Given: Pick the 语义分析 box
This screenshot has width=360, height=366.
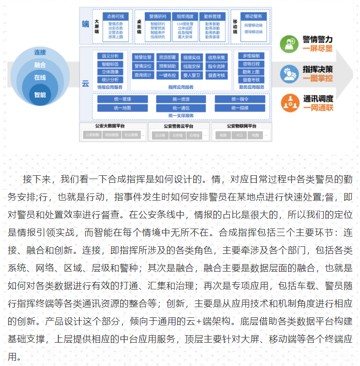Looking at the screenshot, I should [110, 56].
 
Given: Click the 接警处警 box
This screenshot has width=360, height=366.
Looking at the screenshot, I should [142, 57].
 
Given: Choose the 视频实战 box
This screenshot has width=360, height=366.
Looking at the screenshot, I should [191, 57].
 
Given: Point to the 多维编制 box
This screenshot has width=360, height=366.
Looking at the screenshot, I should [251, 56].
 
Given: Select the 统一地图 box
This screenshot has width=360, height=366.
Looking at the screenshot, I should [122, 108].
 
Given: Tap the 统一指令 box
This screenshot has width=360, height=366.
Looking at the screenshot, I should [240, 99].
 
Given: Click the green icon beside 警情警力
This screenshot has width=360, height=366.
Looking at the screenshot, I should [289, 44].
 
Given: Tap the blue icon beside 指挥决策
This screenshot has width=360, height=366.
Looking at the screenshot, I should [289, 74].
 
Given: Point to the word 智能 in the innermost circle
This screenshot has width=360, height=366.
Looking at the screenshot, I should [40, 95].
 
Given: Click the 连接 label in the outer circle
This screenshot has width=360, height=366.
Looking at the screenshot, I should [40, 52].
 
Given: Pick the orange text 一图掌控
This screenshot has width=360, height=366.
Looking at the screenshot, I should [318, 78].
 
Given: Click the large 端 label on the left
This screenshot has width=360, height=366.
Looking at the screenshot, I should [85, 24].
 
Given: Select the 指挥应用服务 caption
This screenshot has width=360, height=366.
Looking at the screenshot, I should [180, 87].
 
